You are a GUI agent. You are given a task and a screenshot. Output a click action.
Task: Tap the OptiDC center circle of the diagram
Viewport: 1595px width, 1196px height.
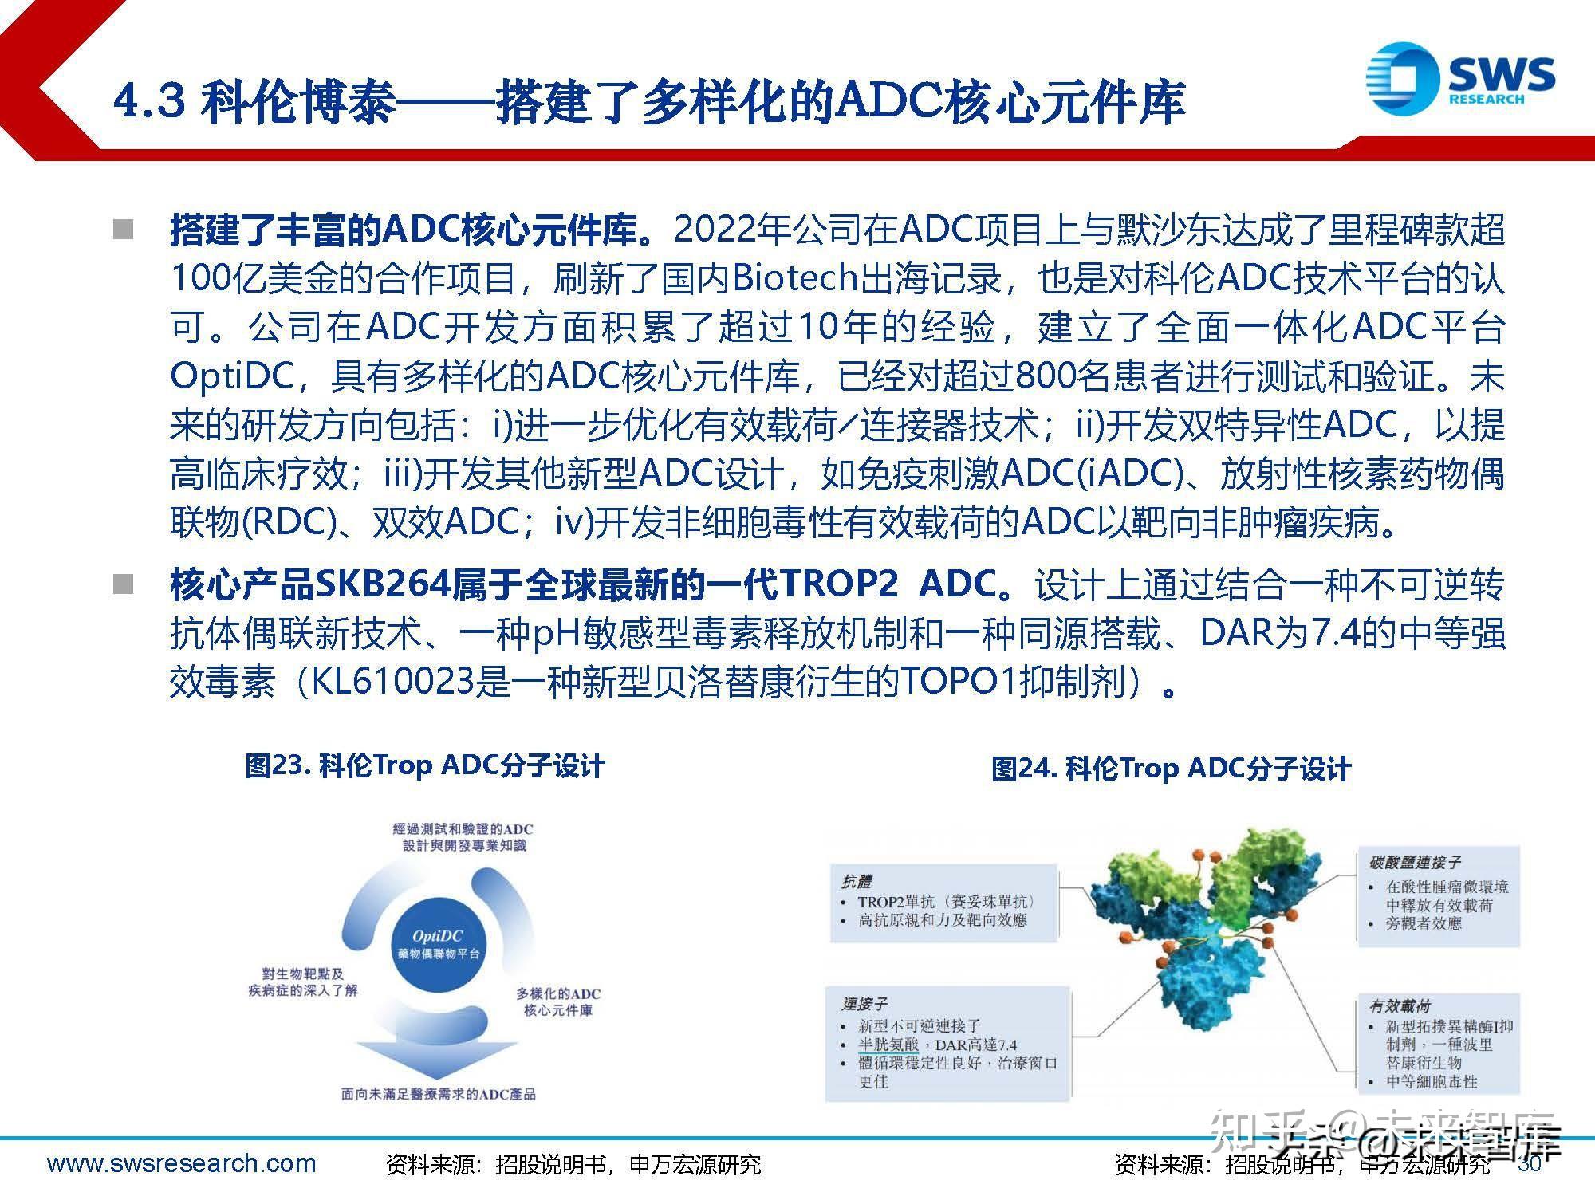(438, 944)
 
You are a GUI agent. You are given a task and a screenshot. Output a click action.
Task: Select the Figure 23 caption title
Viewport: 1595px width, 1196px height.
(425, 766)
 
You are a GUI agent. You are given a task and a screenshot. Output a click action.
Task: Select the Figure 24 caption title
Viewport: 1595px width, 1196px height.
(1171, 769)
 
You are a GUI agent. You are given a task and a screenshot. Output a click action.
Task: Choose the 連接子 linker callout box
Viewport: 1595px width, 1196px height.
(947, 1043)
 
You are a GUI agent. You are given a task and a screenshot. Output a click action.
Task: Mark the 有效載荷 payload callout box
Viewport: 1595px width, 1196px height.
(1439, 1043)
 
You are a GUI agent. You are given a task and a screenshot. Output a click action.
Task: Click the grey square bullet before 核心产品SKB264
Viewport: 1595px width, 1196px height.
(124, 585)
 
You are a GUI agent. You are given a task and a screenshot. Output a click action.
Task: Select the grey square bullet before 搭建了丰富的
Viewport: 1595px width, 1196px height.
(124, 230)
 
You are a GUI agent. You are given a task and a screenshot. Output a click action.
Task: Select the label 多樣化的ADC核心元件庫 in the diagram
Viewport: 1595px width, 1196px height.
(557, 1001)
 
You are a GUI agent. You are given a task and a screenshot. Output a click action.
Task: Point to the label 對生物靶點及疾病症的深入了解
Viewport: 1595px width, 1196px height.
(303, 982)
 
